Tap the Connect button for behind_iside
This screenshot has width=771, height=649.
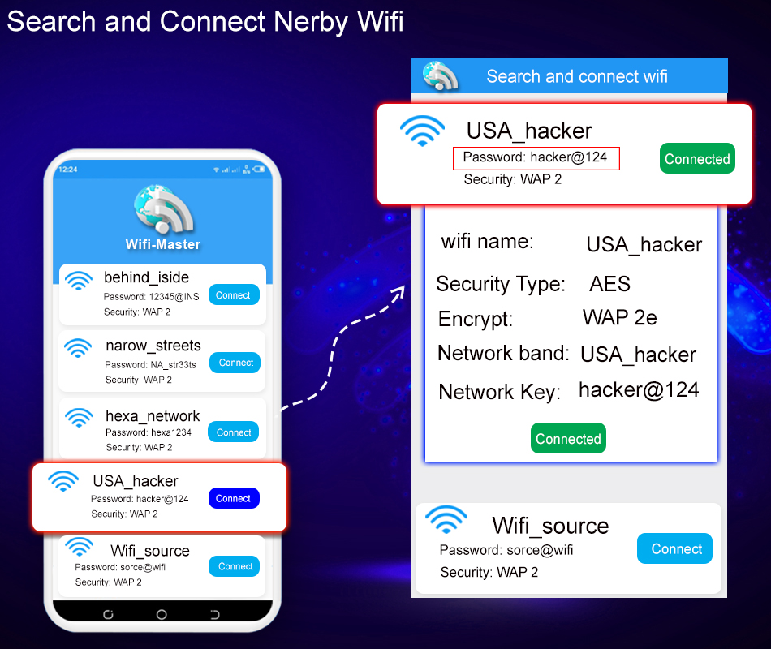pyautogui.click(x=234, y=295)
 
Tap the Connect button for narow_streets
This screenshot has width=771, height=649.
pyautogui.click(x=235, y=363)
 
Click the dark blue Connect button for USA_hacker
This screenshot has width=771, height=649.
pyautogui.click(x=234, y=498)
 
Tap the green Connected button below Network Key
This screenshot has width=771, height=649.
pyautogui.click(x=568, y=438)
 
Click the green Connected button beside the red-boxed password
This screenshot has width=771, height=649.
pyautogui.click(x=697, y=158)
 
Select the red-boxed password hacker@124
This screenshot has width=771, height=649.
pyautogui.click(x=536, y=158)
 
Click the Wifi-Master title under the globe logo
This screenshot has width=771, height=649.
pyautogui.click(x=163, y=244)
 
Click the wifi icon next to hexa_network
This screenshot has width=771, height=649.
pyautogui.click(x=79, y=418)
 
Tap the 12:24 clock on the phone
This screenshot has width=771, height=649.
pyautogui.click(x=68, y=170)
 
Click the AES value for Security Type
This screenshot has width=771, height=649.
pyautogui.click(x=609, y=284)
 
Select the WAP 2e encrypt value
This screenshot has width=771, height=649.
pyautogui.click(x=619, y=318)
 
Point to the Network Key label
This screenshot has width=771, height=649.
pyautogui.click(x=499, y=393)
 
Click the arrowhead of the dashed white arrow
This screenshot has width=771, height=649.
pyautogui.click(x=400, y=292)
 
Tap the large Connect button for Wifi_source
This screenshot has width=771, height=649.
pyautogui.click(x=674, y=548)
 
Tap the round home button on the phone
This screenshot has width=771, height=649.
pyautogui.click(x=162, y=615)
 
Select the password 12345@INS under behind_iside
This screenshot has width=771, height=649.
pyautogui.click(x=174, y=296)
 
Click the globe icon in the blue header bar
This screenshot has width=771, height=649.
pyautogui.click(x=440, y=76)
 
